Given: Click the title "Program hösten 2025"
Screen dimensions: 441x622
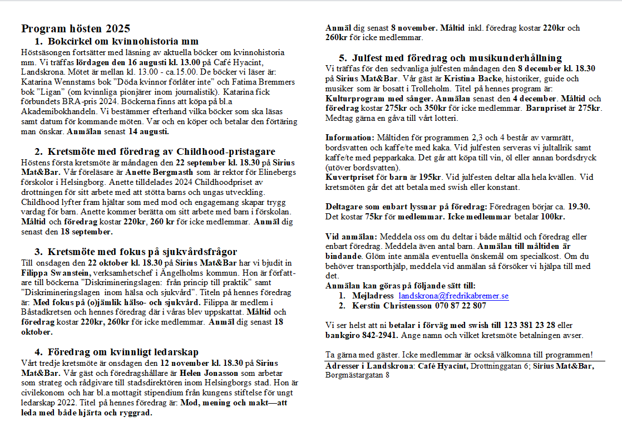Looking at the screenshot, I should coord(76,28).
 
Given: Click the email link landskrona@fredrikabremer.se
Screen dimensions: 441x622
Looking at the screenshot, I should coord(453,296).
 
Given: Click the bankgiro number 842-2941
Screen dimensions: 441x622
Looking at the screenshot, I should coord(378,335).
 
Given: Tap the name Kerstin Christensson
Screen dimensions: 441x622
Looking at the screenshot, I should coord(387,305).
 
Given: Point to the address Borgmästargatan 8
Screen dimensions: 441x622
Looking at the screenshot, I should coord(357,375).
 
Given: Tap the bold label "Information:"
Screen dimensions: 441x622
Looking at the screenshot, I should coord(350,137).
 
